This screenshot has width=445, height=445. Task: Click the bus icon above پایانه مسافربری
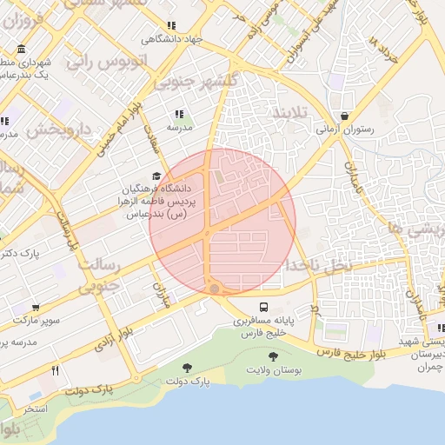(x=263, y=308)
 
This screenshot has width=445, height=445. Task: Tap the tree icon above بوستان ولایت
(x=274, y=356)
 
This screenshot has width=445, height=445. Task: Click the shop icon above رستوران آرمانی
(x=345, y=116)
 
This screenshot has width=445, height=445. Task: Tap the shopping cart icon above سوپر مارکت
(x=36, y=308)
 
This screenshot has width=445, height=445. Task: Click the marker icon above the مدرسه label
(x=179, y=114)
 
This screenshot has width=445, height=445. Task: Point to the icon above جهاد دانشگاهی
(x=172, y=26)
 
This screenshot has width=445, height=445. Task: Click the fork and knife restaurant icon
(x=55, y=370)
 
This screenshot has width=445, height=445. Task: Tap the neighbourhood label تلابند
(x=290, y=114)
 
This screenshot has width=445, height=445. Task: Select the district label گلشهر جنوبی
(x=189, y=83)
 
